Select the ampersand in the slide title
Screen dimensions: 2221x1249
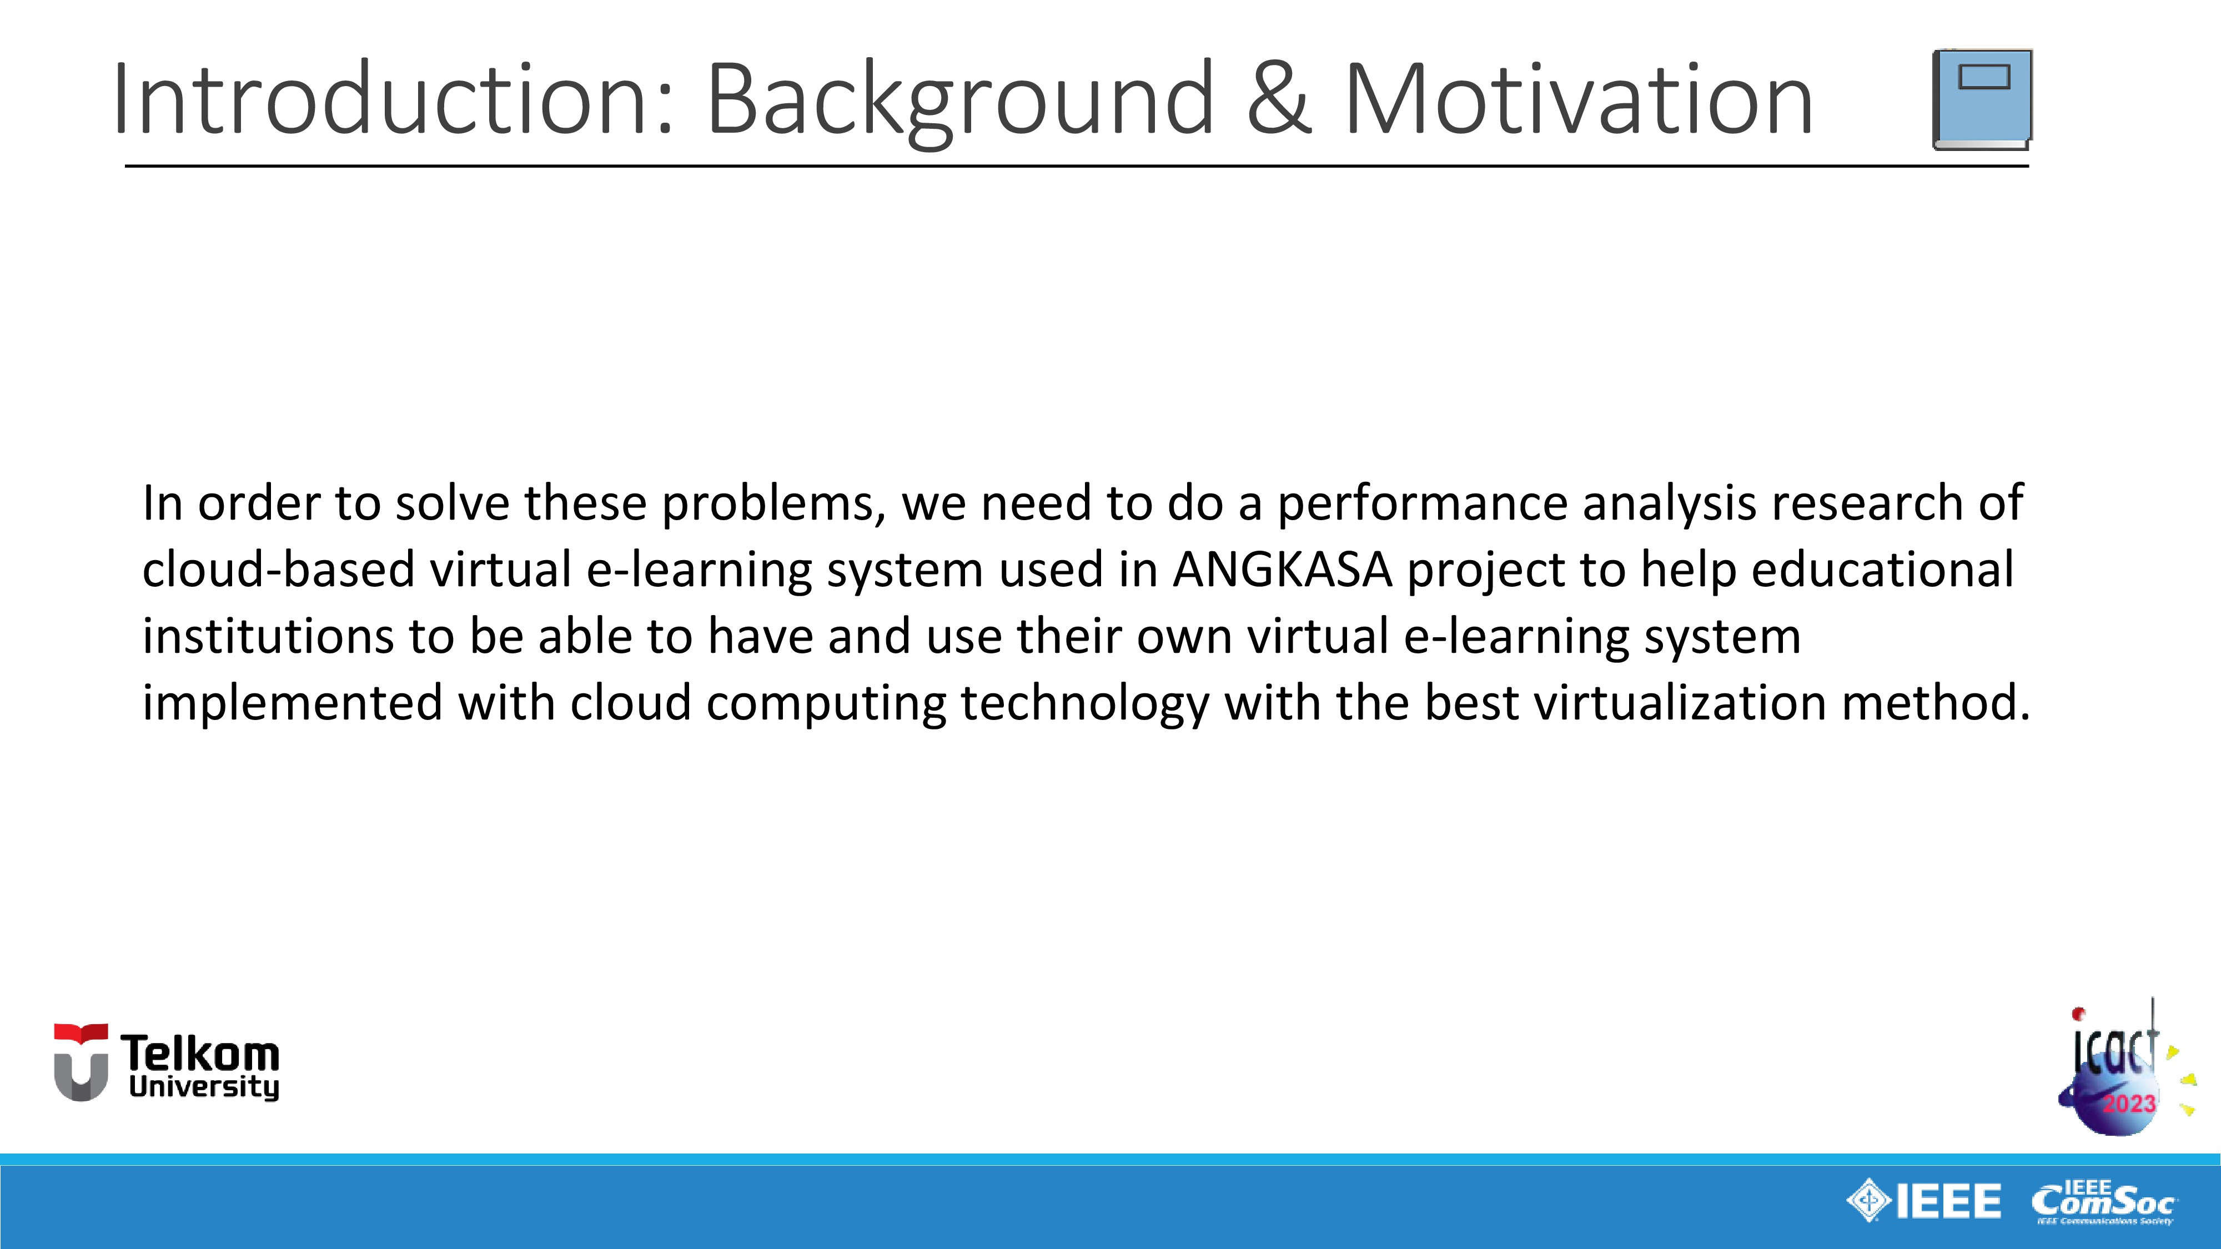pos(1279,99)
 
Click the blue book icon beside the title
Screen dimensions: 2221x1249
pos(1982,99)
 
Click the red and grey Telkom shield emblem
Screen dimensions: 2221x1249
pos(81,1062)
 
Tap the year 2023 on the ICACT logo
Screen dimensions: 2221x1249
pos(2129,1104)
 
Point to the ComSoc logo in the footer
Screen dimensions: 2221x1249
pos(2104,1201)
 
